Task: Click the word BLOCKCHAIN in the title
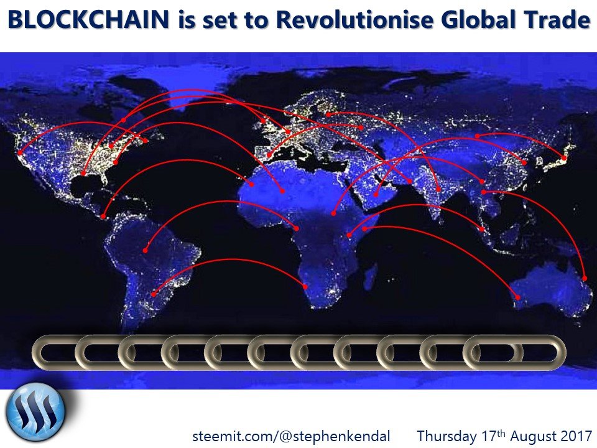(88, 20)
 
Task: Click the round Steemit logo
(35, 412)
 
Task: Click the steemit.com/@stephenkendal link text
(291, 436)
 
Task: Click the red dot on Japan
(564, 158)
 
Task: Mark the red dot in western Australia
(517, 297)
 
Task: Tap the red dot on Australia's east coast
(585, 279)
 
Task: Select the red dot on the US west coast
(20, 153)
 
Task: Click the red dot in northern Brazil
(145, 250)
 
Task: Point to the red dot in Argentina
(154, 294)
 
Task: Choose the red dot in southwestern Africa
(305, 286)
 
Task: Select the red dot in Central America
(103, 217)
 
